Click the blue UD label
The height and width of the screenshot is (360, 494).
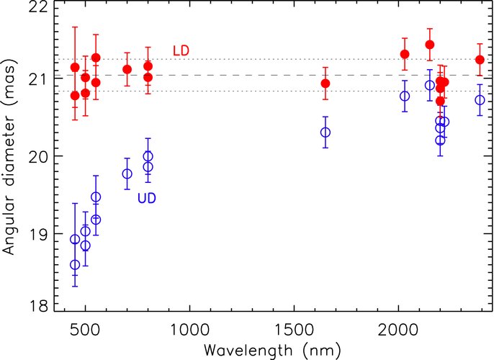[148, 197]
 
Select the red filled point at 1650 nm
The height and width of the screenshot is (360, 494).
[325, 84]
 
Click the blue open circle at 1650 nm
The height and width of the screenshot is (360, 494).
[325, 132]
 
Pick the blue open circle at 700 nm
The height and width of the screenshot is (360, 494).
[127, 174]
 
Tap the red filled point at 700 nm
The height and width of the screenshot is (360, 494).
[127, 69]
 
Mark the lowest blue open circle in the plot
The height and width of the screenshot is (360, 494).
[75, 265]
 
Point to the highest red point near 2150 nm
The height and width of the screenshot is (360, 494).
[430, 45]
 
